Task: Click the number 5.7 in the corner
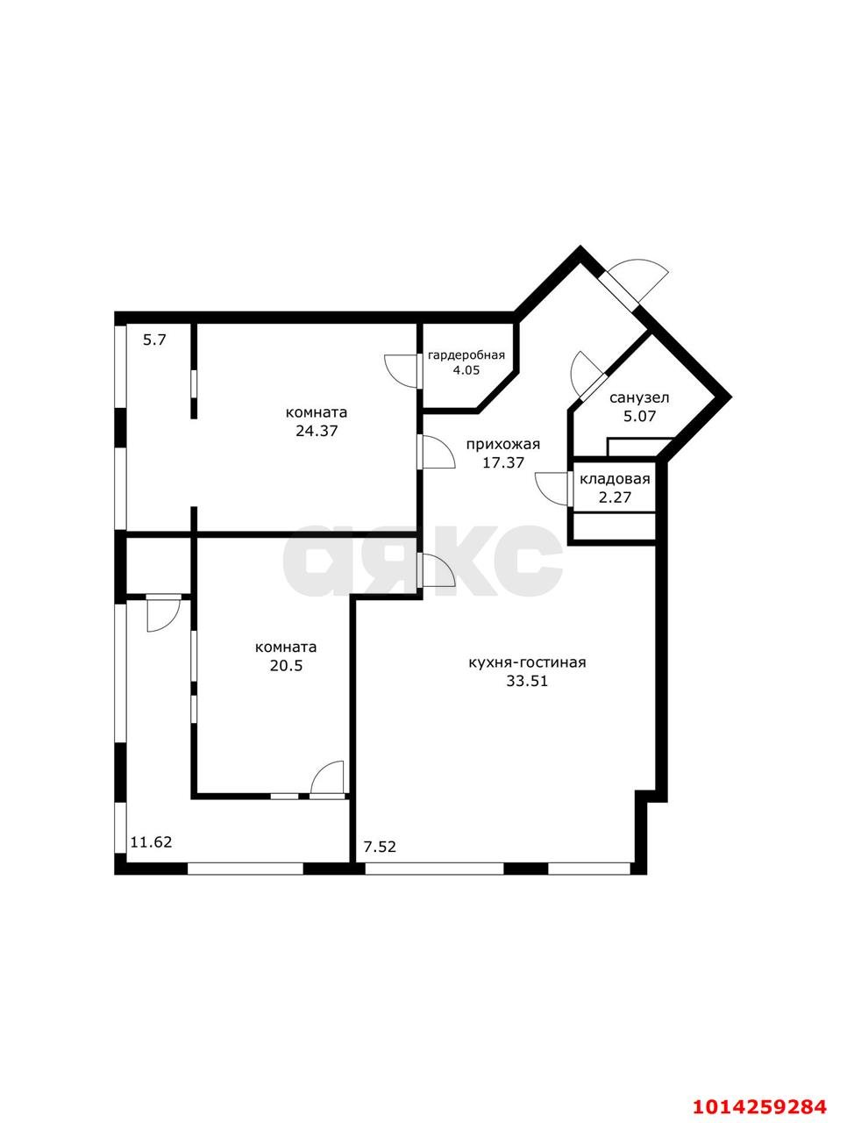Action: coord(154,340)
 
